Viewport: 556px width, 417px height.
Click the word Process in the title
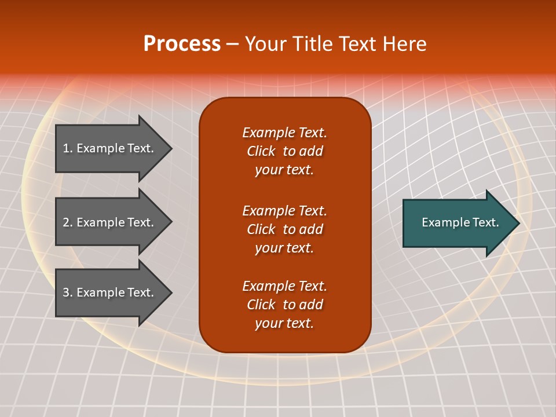pyautogui.click(x=182, y=44)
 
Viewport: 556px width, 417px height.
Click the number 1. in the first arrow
pyautogui.click(x=68, y=148)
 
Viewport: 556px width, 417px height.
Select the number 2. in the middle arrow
pyautogui.click(x=68, y=222)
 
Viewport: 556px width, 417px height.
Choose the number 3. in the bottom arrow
pyautogui.click(x=68, y=292)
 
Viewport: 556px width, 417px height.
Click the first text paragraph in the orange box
pyautogui.click(x=284, y=151)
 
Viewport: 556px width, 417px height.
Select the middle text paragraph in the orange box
pyautogui.click(x=284, y=229)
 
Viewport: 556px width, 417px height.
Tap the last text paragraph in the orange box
pyautogui.click(x=284, y=305)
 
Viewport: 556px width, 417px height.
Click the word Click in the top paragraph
pyautogui.click(x=261, y=151)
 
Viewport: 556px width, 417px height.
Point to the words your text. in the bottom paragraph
pyautogui.click(x=284, y=323)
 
